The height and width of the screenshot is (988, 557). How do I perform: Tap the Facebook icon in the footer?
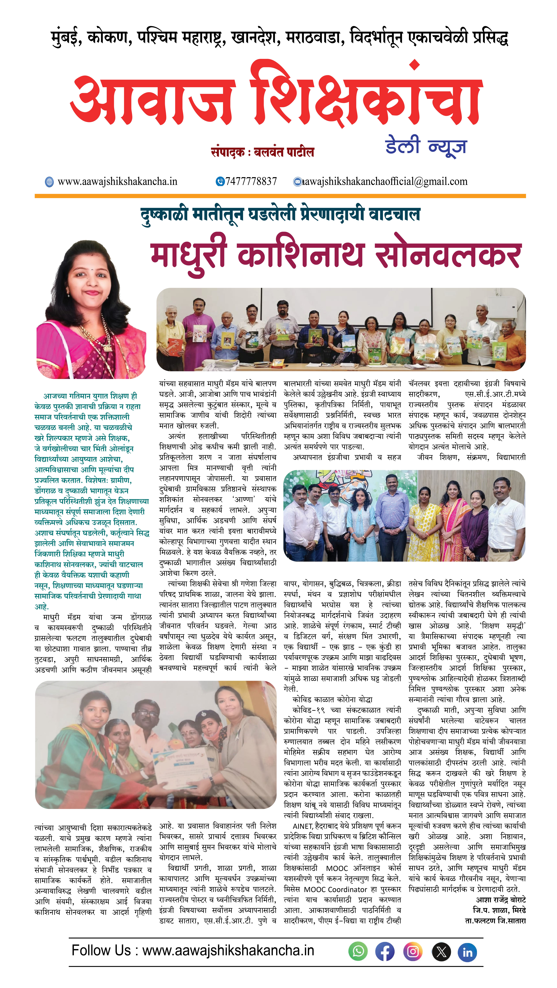pos(385,952)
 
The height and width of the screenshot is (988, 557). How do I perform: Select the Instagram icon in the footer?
pos(413,952)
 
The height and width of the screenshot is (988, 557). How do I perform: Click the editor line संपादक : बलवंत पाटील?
pos(263,152)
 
